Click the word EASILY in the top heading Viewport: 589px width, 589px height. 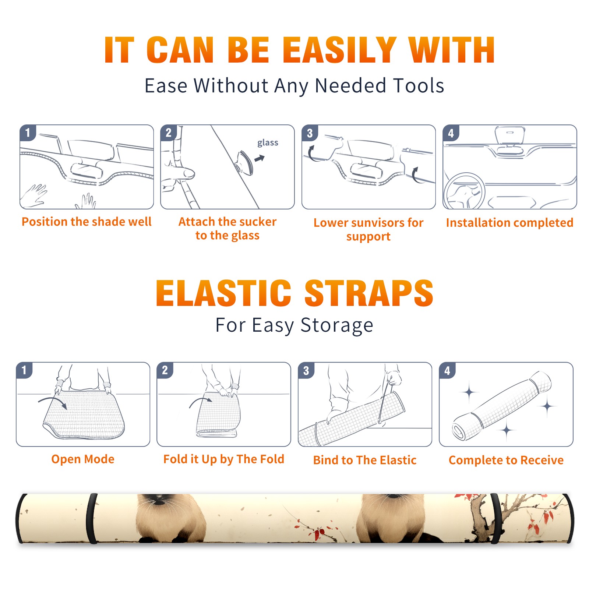pos(339,50)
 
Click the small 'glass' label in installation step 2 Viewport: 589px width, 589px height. pos(268,143)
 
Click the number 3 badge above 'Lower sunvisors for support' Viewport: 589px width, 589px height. pos(310,133)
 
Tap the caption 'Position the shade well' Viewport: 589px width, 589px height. pos(87,222)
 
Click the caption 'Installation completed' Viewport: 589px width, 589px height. pos(509,222)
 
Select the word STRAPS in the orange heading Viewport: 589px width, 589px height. pos(369,293)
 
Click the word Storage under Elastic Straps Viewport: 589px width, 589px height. pos(337,325)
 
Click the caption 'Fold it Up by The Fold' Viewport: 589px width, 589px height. pos(224,459)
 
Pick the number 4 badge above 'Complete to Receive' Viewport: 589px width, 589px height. pos(447,370)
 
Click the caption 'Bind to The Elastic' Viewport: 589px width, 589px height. pos(365,460)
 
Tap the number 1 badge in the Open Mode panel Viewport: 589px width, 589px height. pos(24,370)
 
